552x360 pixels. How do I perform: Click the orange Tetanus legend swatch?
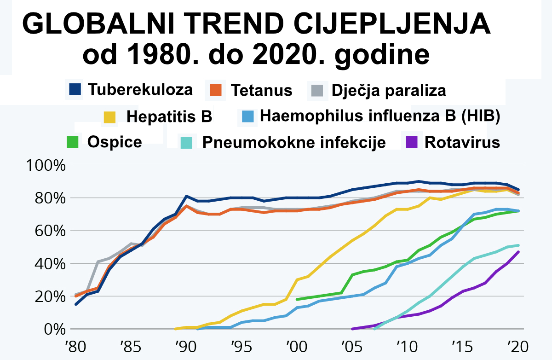coord(218,90)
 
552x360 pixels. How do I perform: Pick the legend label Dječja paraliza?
coord(388,90)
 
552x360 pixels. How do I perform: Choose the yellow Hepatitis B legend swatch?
coord(110,116)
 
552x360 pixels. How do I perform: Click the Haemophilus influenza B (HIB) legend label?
coord(379,116)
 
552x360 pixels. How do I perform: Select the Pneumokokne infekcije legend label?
coord(294,143)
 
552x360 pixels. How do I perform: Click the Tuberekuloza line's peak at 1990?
coord(186,196)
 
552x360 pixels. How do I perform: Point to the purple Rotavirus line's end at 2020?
coord(519,252)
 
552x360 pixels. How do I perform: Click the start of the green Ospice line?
coord(297,299)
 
